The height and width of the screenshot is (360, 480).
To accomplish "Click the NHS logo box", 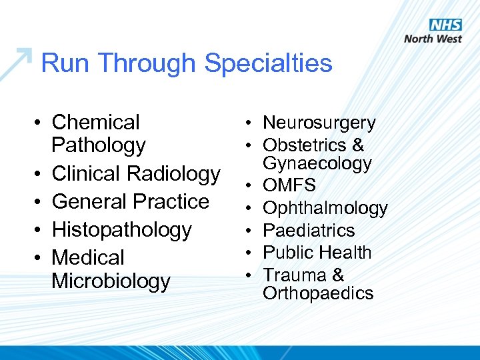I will click(445, 25).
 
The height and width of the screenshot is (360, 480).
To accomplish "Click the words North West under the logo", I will click(433, 39).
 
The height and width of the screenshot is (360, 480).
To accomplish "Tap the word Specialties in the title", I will click(268, 63).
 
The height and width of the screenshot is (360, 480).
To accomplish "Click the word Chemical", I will click(95, 122).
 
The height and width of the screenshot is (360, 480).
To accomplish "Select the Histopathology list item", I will click(121, 229).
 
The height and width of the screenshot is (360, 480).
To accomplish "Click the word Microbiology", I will click(111, 281).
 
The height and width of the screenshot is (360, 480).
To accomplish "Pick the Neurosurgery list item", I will click(319, 123).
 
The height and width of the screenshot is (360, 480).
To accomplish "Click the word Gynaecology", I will click(317, 163).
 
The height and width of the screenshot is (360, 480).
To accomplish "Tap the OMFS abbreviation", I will click(289, 185).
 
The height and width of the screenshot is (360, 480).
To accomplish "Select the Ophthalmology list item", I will click(325, 208).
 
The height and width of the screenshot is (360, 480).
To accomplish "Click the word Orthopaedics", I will click(318, 293).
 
